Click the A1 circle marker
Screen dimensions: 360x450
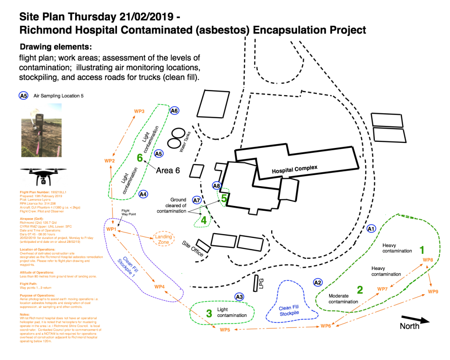pos(371,228)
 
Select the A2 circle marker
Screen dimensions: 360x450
pos(318,282)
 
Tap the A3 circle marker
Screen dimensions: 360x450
pos(239,297)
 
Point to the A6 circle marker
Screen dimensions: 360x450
pos(174,111)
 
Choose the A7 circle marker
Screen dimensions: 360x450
pos(196,200)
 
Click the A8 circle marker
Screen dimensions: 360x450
pos(217,186)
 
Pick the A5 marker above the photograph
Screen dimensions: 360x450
pos(23,95)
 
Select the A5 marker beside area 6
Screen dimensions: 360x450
pos(159,154)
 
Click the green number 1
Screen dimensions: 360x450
pos(422,250)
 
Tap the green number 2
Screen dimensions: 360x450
pos(360,290)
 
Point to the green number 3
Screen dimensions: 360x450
pos(209,313)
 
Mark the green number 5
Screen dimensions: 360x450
pos(224,198)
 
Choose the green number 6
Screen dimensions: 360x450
pos(140,158)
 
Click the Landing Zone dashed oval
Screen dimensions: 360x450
pos(164,239)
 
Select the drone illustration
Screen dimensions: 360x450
pos(43,177)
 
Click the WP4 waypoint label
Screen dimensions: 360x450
pos(159,287)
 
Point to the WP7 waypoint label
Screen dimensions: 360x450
pos(382,289)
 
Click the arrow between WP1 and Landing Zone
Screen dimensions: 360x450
pos(134,234)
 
